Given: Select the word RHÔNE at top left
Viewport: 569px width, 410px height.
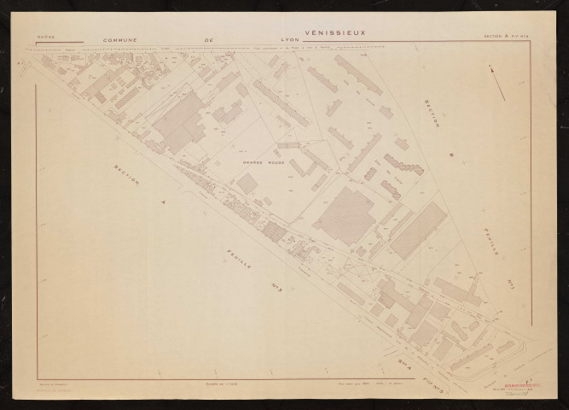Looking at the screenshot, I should coord(44,38).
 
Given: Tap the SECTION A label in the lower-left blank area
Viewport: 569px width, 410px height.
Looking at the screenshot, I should coord(129,184).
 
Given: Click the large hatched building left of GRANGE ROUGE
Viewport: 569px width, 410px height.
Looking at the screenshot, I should coord(179,122).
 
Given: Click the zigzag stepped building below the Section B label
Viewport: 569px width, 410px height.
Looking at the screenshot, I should coord(404,164).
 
